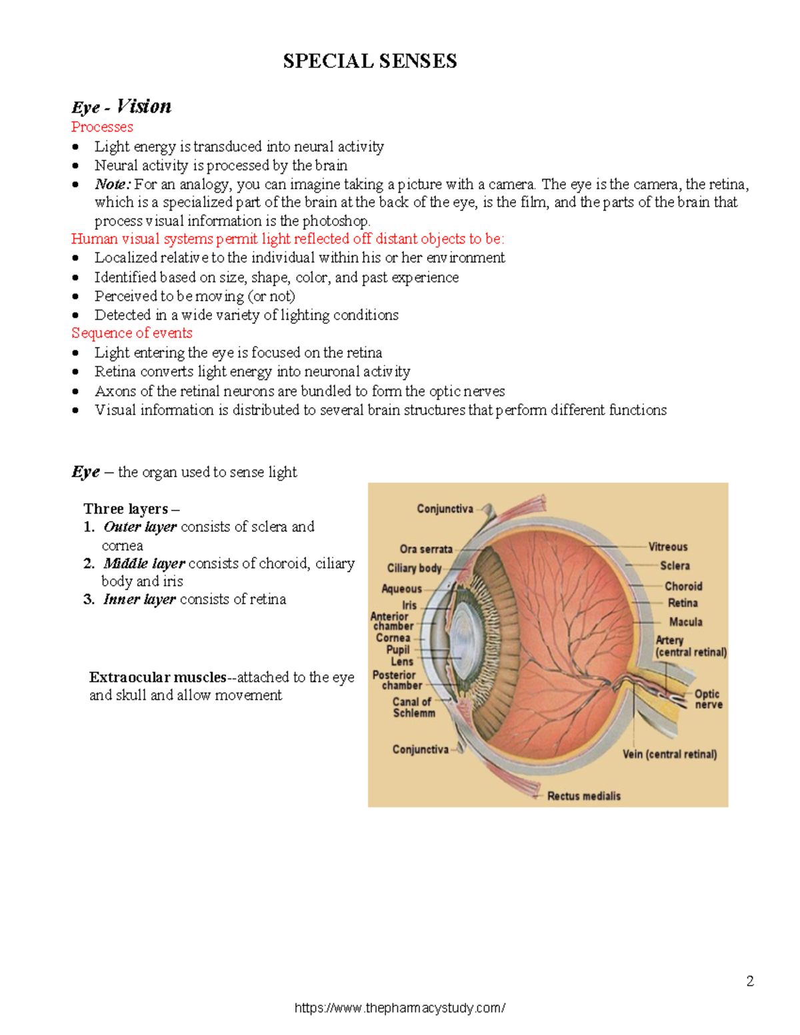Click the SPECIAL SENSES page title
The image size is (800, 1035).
370,61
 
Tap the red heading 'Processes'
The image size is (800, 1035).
102,127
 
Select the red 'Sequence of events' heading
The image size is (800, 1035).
131,333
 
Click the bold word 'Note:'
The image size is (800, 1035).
113,184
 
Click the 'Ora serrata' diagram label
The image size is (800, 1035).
426,549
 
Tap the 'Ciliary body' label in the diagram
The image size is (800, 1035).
414,568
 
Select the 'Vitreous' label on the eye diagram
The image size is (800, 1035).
668,546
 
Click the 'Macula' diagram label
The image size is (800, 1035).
685,622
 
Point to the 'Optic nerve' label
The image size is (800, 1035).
707,699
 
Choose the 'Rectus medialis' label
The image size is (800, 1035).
583,796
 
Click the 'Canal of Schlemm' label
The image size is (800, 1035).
413,707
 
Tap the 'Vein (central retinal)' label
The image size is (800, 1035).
669,754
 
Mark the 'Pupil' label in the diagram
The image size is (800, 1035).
398,650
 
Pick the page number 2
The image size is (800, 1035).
750,981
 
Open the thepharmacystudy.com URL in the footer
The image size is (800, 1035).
399,1008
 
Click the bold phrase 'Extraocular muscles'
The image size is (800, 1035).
158,677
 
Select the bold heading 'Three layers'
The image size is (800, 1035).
126,509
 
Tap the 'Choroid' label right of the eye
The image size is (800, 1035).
683,586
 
